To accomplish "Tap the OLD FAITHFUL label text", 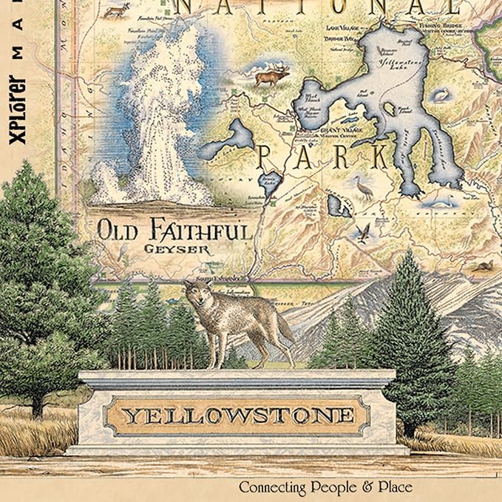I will (174, 230).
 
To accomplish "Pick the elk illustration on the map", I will (271, 75).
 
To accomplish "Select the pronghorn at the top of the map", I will (115, 10).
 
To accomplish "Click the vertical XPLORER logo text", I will (20, 104).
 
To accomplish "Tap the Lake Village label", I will (339, 27).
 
